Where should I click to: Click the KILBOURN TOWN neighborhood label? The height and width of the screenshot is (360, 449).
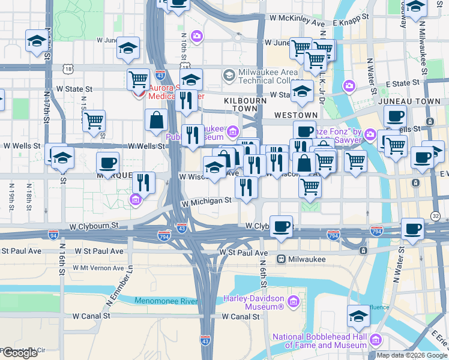pos(245,101)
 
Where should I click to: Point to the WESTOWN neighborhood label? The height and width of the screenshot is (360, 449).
pos(295,115)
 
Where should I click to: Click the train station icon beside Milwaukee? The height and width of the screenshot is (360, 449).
pos(280,259)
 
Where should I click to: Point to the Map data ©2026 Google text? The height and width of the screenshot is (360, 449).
pos(412,355)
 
